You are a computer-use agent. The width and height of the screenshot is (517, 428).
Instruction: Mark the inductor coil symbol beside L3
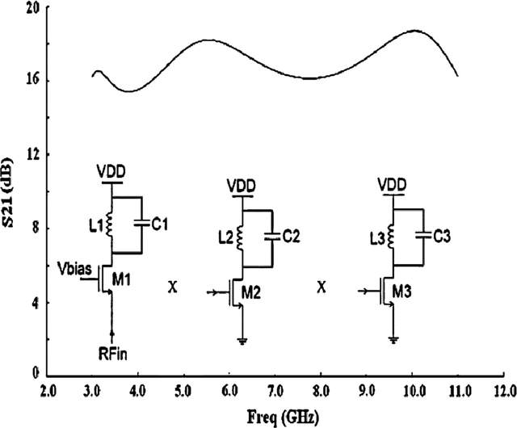point(393,237)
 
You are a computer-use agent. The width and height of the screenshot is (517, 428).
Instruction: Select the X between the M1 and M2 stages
point(172,287)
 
